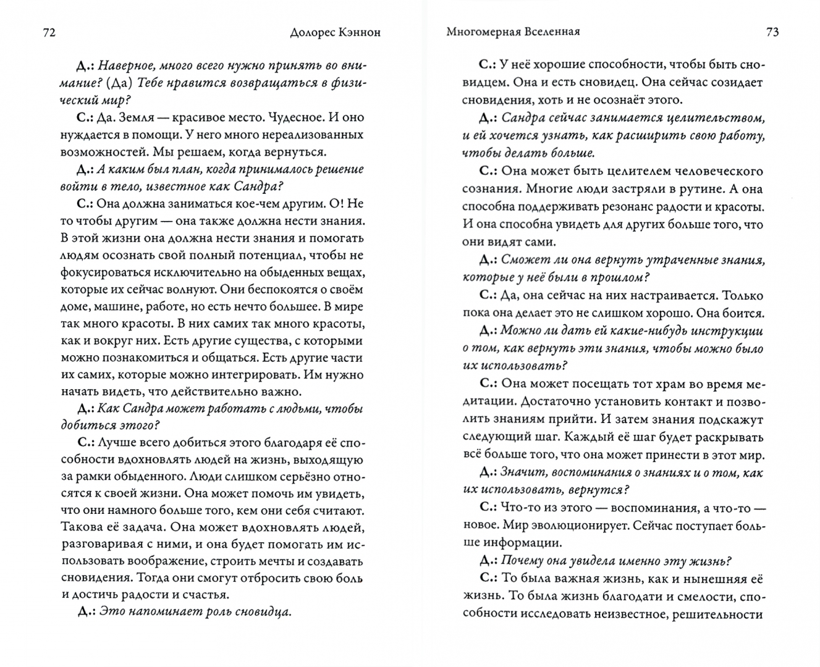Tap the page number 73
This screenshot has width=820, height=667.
pyautogui.click(x=772, y=32)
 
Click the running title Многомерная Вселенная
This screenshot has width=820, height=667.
pyautogui.click(x=513, y=32)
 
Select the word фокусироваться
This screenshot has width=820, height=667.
pyautogui.click(x=109, y=272)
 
